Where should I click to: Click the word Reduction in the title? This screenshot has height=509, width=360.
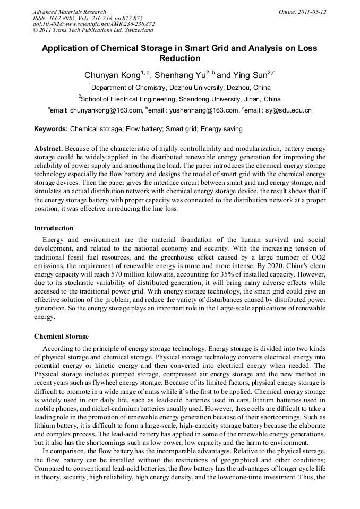point(179,58)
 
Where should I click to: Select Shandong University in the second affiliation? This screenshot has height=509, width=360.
point(207,99)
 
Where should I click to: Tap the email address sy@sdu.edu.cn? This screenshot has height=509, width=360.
point(290,111)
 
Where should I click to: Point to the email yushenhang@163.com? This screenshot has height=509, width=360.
point(205,111)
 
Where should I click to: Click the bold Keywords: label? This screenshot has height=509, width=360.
point(51,129)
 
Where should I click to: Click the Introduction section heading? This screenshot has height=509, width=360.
point(54,228)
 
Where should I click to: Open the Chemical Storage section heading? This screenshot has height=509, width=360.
point(61,337)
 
